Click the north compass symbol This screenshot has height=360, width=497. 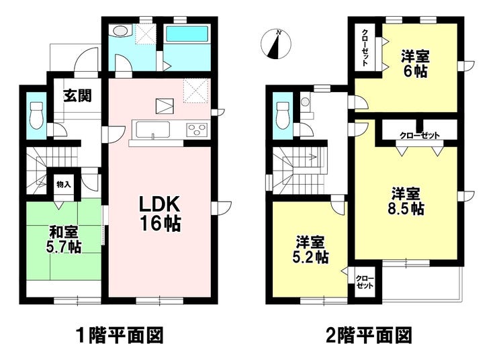click(275, 44)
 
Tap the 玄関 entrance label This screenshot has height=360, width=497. click(78, 95)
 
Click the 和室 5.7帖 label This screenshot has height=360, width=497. click(64, 240)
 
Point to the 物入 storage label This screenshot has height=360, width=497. click(63, 184)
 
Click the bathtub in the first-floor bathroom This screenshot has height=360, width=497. click(187, 34)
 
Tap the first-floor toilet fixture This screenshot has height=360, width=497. click(36, 116)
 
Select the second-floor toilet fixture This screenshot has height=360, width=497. click(283, 116)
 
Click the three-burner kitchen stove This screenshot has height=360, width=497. click(197, 130)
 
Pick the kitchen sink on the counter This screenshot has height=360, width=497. click(152, 130)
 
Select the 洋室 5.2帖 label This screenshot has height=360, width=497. click(310, 250)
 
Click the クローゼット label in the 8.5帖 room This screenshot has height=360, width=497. click(420, 136)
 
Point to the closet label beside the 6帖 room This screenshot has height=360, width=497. click(365, 48)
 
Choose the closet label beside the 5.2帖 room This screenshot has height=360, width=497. click(365, 281)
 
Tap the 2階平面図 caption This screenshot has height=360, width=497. click(369, 336)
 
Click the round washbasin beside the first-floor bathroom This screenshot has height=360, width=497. click(119, 32)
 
